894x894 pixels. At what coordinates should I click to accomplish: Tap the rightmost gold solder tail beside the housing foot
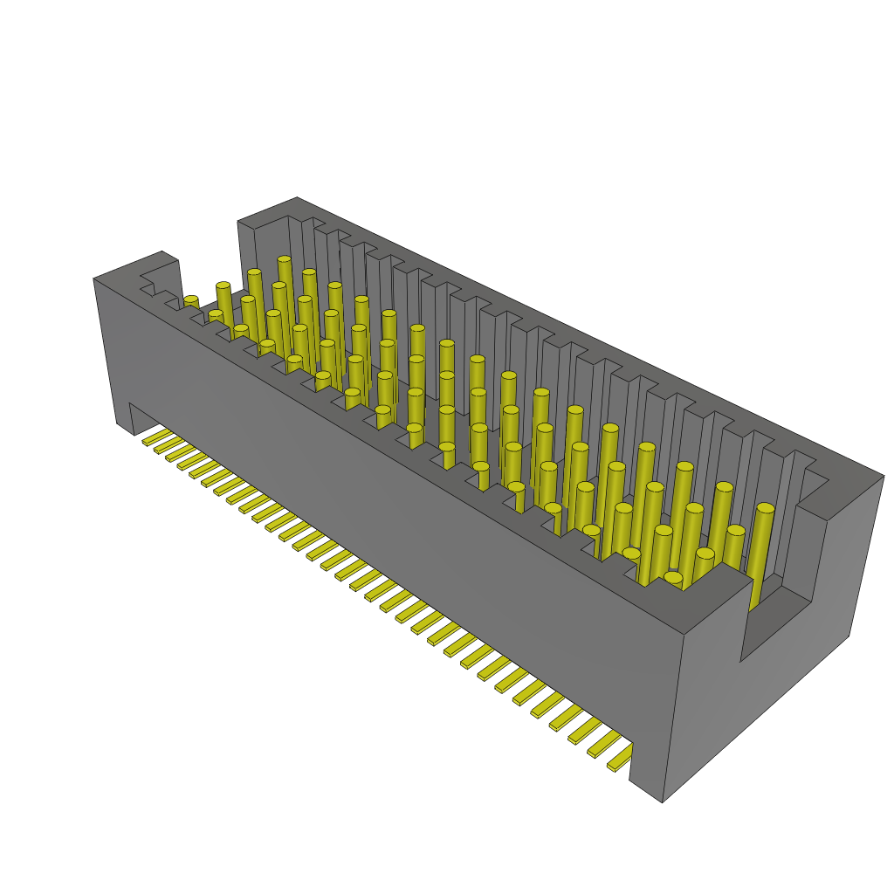[x=618, y=763]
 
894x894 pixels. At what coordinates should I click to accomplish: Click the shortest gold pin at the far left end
[x=190, y=301]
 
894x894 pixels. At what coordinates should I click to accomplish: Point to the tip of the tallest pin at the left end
[x=284, y=260]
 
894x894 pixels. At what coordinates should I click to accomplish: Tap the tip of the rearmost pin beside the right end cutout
[x=765, y=508]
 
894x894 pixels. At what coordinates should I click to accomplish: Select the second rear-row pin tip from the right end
[x=723, y=487]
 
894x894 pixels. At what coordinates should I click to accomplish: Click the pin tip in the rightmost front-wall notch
[x=672, y=577]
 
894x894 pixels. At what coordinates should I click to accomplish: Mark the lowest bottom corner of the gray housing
[x=662, y=801]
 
